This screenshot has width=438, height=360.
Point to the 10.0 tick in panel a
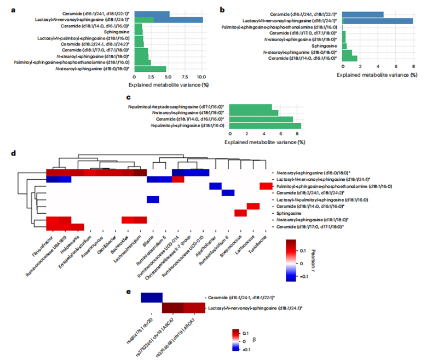pyautogui.click(x=201, y=77)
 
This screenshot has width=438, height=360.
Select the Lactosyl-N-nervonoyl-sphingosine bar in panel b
pyautogui.click(x=377, y=21)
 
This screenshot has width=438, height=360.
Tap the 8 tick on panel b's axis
pyautogui.click(x=413, y=66)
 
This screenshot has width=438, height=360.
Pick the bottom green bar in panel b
pyautogui.click(x=349, y=58)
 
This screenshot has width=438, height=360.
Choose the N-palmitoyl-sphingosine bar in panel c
pyautogui.click(x=265, y=125)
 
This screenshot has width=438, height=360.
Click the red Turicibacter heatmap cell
pyautogui.click(x=266, y=187)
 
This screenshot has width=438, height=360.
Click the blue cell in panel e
pyautogui.click(x=151, y=298)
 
